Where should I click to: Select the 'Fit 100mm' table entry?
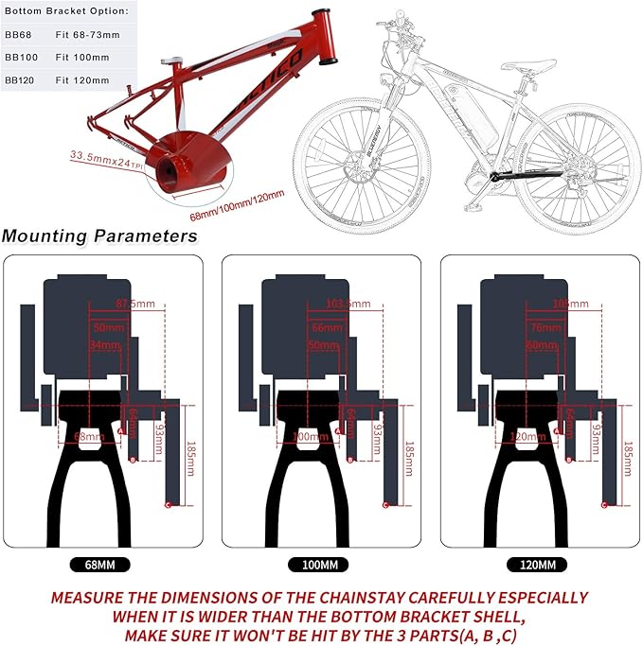[x=83, y=57]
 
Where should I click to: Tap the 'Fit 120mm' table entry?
[x=83, y=80]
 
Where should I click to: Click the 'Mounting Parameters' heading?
[x=99, y=236]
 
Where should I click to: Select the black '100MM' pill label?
[x=320, y=565]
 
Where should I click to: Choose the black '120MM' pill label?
[x=539, y=565]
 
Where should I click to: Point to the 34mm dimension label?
[x=105, y=345]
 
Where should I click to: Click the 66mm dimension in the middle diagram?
[x=325, y=327]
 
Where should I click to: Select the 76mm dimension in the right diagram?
[x=544, y=327]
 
